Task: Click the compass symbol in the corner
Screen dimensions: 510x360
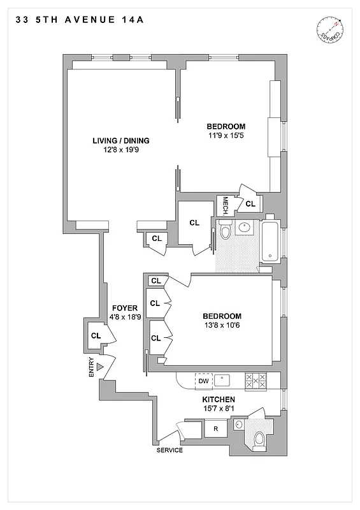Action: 329,30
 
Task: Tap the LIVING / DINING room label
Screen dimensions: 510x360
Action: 120,140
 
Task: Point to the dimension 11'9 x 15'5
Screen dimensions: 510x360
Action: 226,135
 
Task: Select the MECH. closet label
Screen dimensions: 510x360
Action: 225,205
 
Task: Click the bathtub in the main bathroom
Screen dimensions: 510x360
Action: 271,241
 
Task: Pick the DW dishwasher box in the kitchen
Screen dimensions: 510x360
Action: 203,381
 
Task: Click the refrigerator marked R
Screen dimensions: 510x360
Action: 215,428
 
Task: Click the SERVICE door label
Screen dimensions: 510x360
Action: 169,450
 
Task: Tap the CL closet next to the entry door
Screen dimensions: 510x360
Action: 96,335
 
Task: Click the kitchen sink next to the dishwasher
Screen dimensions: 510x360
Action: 222,380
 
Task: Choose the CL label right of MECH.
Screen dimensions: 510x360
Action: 250,204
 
